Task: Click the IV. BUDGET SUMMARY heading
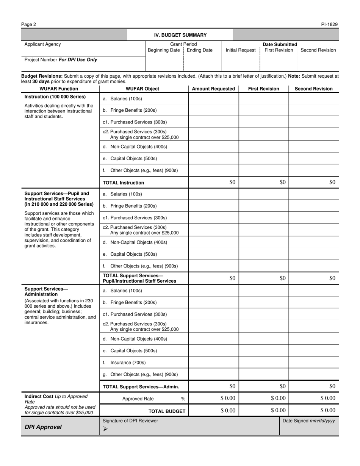pos(180,35)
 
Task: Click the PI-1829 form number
pos(329,25)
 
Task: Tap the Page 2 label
pos(29,25)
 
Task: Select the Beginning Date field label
pos(164,50)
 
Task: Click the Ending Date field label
pos(200,50)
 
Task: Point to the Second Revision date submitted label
pos(318,50)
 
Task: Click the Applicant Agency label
pos(42,44)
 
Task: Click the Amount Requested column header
pos(213,89)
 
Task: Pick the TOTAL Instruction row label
pos(124,183)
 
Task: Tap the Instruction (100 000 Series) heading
pos(55,97)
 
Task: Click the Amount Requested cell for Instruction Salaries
pos(213,99)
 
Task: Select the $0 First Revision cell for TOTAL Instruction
pos(283,182)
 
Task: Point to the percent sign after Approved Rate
pos(183,399)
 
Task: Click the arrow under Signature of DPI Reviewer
pos(105,429)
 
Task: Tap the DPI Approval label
pos(43,427)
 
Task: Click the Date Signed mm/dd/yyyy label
pos(309,421)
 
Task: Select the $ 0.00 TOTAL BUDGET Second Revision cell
pos(328,410)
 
